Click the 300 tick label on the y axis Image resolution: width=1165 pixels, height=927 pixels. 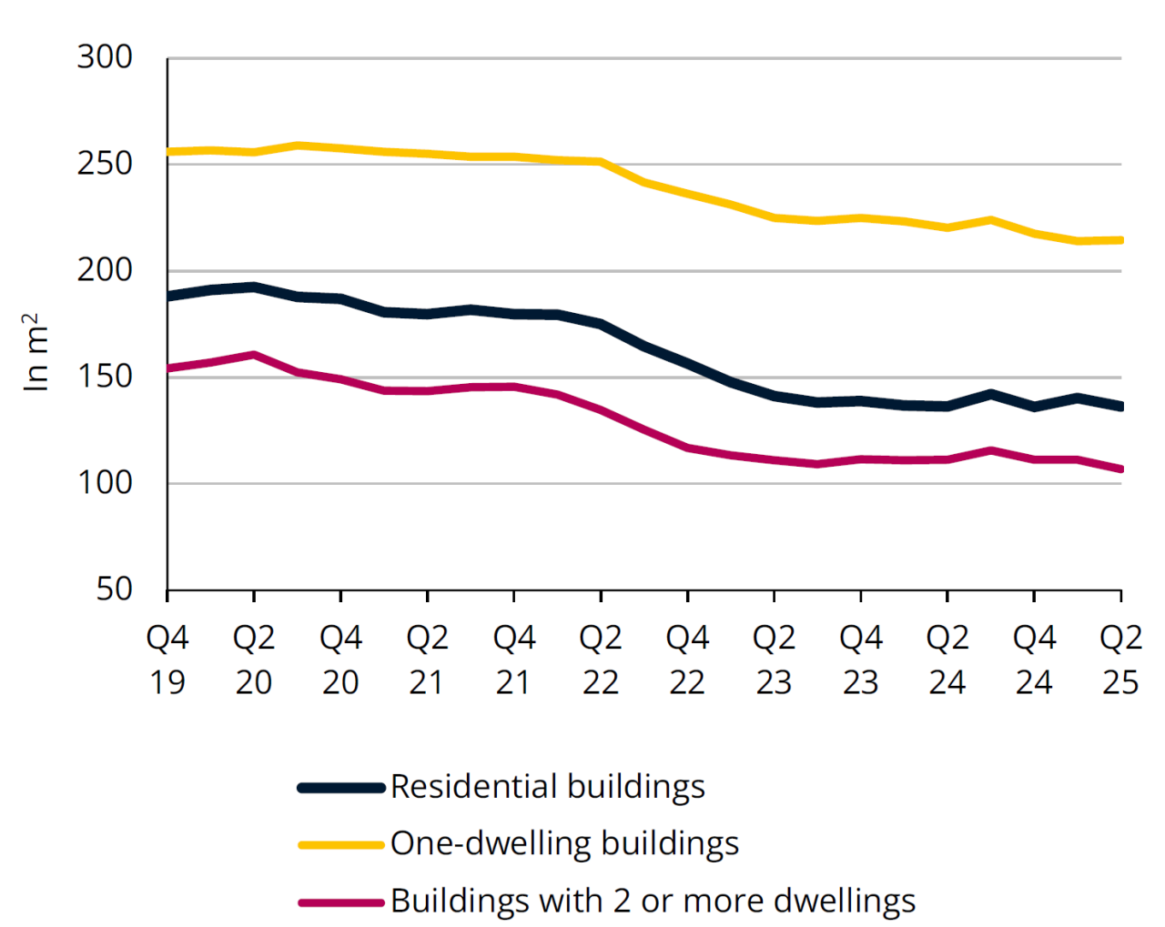coord(105,58)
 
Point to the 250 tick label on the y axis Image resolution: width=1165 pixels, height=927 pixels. coord(105,165)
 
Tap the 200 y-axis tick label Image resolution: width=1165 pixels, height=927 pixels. coord(105,271)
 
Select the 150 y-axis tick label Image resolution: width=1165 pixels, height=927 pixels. coord(105,377)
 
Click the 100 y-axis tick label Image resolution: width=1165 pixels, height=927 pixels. coord(105,483)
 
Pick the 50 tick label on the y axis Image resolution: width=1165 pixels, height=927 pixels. coord(115,589)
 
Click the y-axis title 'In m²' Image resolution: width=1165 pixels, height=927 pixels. coord(35,352)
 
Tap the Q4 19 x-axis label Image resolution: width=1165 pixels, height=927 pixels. coord(167,660)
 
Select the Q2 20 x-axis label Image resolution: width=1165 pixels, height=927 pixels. coord(254,660)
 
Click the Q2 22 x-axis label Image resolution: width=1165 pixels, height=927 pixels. coord(601,660)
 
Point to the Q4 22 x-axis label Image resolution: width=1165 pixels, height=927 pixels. coord(687,660)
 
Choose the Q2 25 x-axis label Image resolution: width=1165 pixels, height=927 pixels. coord(1120,660)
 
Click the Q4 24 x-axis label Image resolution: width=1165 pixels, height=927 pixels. coord(1034,660)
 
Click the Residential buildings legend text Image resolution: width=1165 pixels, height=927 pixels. coord(548,787)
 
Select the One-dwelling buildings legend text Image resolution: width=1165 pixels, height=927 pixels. coord(564,844)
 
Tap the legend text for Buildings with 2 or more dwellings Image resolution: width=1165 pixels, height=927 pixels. coord(653,902)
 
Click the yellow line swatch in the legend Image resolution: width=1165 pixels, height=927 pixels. coord(341,845)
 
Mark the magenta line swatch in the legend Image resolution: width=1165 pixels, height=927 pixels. coord(341,902)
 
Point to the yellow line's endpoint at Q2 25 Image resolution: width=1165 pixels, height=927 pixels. coord(1120,240)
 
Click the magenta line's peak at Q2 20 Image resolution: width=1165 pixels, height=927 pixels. coord(254,355)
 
